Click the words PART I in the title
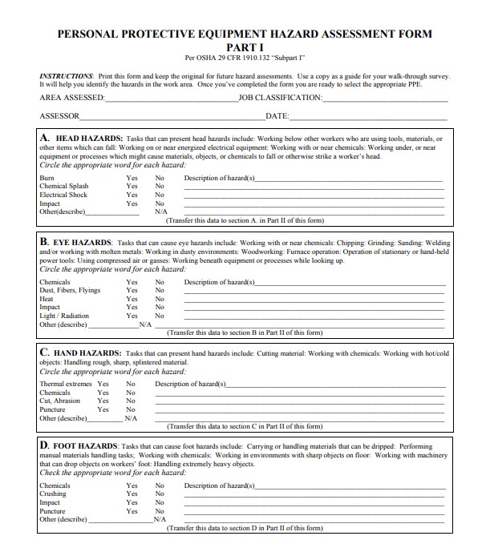(245, 47)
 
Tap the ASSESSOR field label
(59, 117)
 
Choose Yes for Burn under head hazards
(132, 178)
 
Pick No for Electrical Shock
(160, 195)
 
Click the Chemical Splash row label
(64, 187)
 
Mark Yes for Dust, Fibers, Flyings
(132, 290)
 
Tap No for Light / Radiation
(160, 316)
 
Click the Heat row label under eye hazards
(47, 299)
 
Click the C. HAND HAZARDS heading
(80, 353)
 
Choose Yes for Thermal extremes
(103, 384)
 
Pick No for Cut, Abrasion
(131, 401)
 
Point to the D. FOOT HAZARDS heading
(78, 445)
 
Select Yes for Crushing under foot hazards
(132, 494)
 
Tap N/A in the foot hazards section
(160, 519)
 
